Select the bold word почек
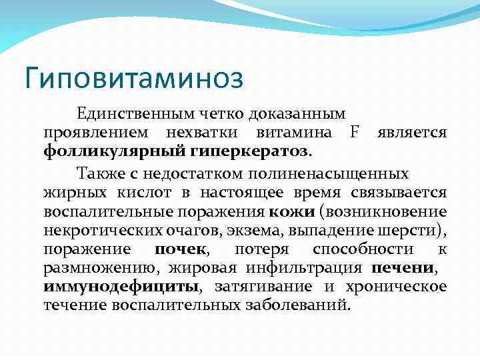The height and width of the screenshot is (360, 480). click(x=181, y=249)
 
